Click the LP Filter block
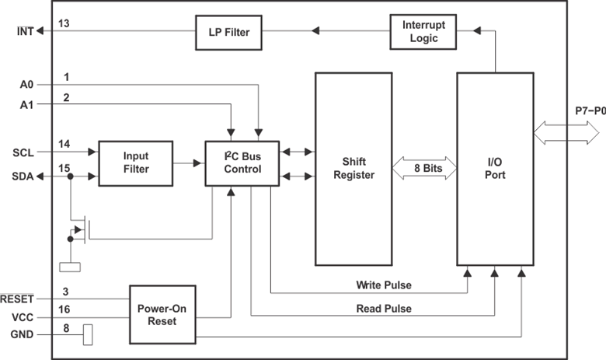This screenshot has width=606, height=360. pyautogui.click(x=228, y=31)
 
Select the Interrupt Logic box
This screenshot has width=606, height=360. pyautogui.click(x=423, y=31)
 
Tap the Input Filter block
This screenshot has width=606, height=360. pyautogui.click(x=135, y=163)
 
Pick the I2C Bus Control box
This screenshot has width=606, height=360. pyautogui.click(x=242, y=163)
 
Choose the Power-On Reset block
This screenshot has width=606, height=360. pyautogui.click(x=162, y=315)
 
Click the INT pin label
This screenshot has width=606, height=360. pyautogui.click(x=25, y=31)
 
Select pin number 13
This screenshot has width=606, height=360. pyautogui.click(x=64, y=24)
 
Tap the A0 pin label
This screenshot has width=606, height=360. pyautogui.click(x=25, y=84)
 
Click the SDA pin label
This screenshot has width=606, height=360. pyautogui.click(x=24, y=177)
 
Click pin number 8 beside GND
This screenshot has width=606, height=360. pyautogui.click(x=67, y=329)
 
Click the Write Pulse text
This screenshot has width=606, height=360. pyautogui.click(x=384, y=285)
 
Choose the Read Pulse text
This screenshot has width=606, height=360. pyautogui.click(x=384, y=309)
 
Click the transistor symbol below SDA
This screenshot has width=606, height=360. pyautogui.click(x=83, y=231)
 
